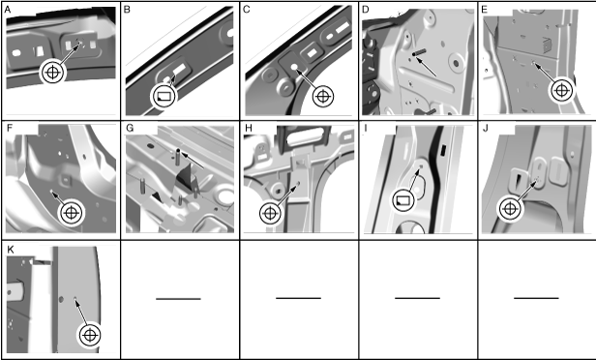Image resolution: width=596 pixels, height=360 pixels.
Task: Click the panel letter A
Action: [7, 10]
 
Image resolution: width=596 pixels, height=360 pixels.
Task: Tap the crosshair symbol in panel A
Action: [53, 72]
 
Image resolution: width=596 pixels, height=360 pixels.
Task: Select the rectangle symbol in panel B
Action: [164, 96]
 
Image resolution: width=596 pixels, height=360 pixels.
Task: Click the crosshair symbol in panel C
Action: [323, 96]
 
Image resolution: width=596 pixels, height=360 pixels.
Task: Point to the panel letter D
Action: [366, 10]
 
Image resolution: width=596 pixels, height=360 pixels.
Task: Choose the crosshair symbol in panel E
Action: [561, 90]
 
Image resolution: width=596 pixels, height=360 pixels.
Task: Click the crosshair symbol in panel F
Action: [71, 213]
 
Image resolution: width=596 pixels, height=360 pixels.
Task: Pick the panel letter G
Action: [130, 128]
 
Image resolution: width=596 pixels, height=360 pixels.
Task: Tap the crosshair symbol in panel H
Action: [270, 213]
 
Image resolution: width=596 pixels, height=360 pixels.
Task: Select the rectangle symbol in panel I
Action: [403, 200]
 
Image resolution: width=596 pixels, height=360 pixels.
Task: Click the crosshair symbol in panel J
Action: [510, 209]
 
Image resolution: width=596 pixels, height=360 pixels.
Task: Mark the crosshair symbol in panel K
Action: [90, 335]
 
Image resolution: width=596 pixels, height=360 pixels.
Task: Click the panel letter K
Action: [11, 250]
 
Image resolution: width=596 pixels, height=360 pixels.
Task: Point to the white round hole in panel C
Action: [294, 67]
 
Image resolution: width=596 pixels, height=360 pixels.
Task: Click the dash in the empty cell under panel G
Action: [178, 299]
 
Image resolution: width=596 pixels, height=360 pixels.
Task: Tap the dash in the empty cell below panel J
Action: [536, 298]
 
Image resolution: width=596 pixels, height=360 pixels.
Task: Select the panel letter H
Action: [249, 128]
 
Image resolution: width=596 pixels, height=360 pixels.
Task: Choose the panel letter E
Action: [484, 10]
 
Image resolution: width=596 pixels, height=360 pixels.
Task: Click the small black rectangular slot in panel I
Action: [443, 150]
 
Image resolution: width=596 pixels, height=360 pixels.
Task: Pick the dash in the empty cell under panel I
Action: [417, 298]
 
